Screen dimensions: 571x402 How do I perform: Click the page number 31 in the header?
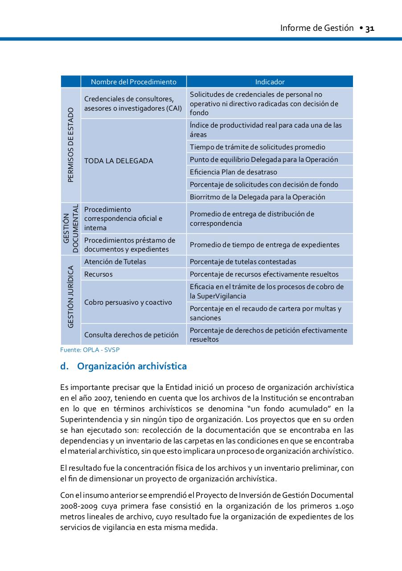pyautogui.click(x=369, y=29)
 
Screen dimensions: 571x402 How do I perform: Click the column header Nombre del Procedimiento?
pyautogui.click(x=133, y=82)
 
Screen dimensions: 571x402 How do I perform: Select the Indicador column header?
pyautogui.click(x=270, y=82)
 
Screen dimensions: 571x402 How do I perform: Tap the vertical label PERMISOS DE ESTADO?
pyautogui.click(x=71, y=145)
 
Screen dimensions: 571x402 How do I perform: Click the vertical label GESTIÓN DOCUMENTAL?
pyautogui.click(x=71, y=229)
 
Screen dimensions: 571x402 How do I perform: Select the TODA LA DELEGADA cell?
pyautogui.click(x=119, y=161)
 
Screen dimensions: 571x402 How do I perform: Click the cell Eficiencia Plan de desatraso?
pyautogui.click(x=234, y=172)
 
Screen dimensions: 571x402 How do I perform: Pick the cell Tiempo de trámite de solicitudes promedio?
pyautogui.click(x=258, y=147)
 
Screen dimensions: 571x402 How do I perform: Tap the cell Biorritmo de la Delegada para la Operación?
pyautogui.click(x=258, y=197)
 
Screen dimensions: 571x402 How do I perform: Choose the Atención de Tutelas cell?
pyautogui.click(x=115, y=261)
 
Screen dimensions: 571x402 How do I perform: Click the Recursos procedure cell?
pyautogui.click(x=98, y=274)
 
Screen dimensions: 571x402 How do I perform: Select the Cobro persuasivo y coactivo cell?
pyautogui.click(x=128, y=302)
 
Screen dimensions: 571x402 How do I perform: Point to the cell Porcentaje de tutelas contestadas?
pyautogui.click(x=243, y=261)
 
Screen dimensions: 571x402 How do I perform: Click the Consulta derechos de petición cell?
pyautogui.click(x=131, y=335)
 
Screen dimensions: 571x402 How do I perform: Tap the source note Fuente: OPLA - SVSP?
pyautogui.click(x=90, y=350)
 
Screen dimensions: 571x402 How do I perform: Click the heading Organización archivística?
pyautogui.click(x=131, y=366)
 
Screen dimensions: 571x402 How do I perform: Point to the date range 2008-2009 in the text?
pyautogui.click(x=76, y=506)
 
